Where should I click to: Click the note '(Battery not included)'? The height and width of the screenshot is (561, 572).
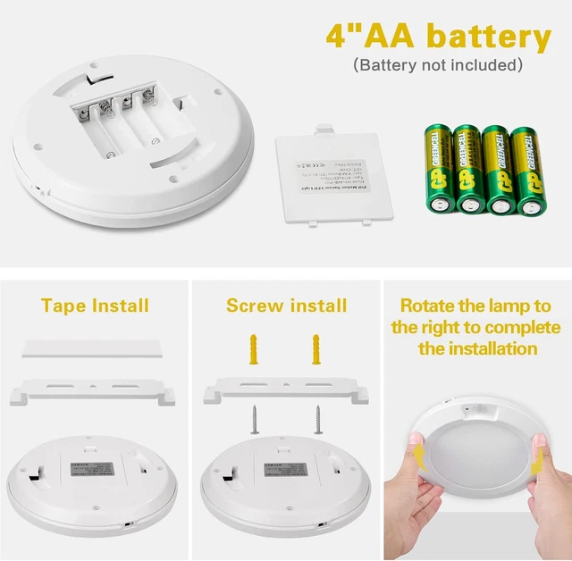tap(437, 65)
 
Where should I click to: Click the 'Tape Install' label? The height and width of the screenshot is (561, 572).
tap(95, 306)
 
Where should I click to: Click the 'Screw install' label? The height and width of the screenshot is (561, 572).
tap(286, 306)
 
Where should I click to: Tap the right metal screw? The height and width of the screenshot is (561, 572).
tap(315, 417)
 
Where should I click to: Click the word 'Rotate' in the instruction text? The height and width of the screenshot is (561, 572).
tap(427, 306)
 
